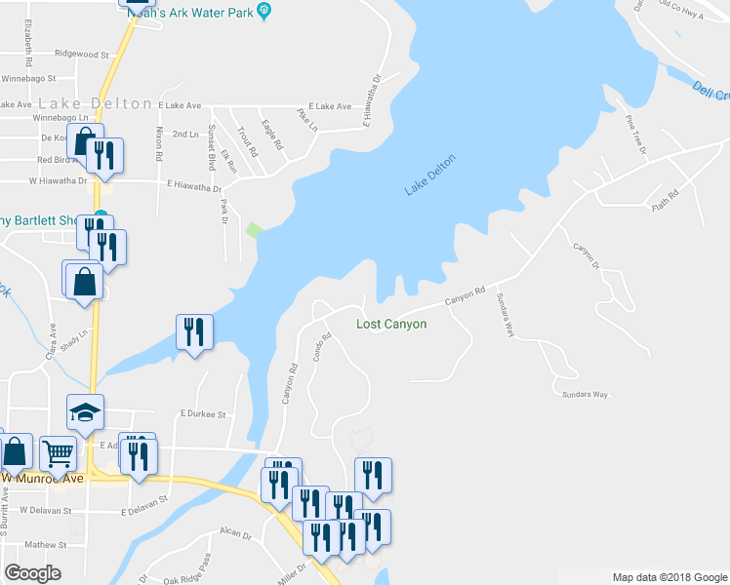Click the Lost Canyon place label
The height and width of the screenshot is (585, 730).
[x=390, y=324]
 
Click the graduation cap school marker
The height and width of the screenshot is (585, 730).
[x=85, y=412]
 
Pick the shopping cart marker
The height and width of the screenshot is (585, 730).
[x=59, y=452]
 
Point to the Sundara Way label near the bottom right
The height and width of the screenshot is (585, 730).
[x=585, y=394]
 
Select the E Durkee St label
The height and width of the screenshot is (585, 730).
[x=203, y=414]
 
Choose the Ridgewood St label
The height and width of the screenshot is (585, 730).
[x=82, y=54]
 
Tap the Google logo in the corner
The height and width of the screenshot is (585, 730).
[x=32, y=573]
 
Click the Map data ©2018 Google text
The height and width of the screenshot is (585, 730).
[x=669, y=577]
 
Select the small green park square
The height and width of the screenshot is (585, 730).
[x=254, y=230]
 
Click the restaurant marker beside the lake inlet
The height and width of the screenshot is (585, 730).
[x=194, y=331]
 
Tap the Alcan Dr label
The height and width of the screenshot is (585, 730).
[x=237, y=533]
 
